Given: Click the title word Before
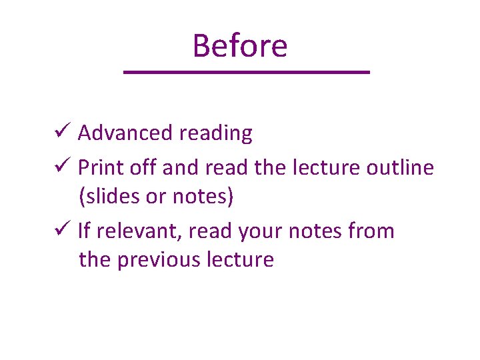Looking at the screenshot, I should click(x=240, y=46).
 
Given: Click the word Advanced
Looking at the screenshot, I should click(x=125, y=133).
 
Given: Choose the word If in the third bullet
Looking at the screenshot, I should click(x=85, y=231).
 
